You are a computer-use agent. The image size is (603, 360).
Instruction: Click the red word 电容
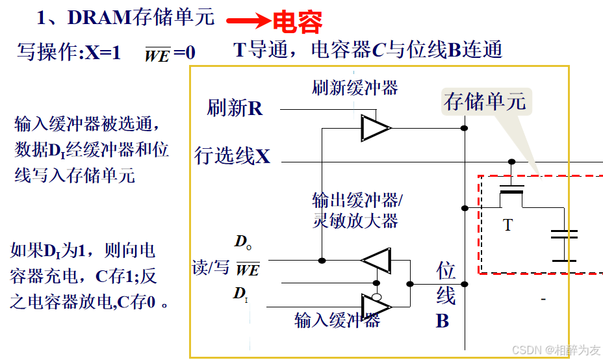297,21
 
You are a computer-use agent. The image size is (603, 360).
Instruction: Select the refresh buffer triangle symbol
375,128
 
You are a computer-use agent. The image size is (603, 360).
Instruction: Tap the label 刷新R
235,108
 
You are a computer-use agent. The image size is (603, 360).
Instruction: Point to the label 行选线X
232,156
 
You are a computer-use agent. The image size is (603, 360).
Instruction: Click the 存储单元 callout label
485,101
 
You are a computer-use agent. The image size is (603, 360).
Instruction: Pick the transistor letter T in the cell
507,225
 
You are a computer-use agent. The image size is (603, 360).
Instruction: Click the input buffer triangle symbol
375,305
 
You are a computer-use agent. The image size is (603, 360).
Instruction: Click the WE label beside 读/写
247,269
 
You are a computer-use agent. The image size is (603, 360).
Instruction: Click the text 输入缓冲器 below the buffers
337,320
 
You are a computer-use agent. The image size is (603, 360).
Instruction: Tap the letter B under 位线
443,321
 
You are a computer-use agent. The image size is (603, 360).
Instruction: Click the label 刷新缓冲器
355,88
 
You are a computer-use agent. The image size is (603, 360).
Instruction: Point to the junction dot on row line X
511,162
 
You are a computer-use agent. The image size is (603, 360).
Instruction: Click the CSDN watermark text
556,350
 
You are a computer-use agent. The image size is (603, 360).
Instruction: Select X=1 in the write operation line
103,53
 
